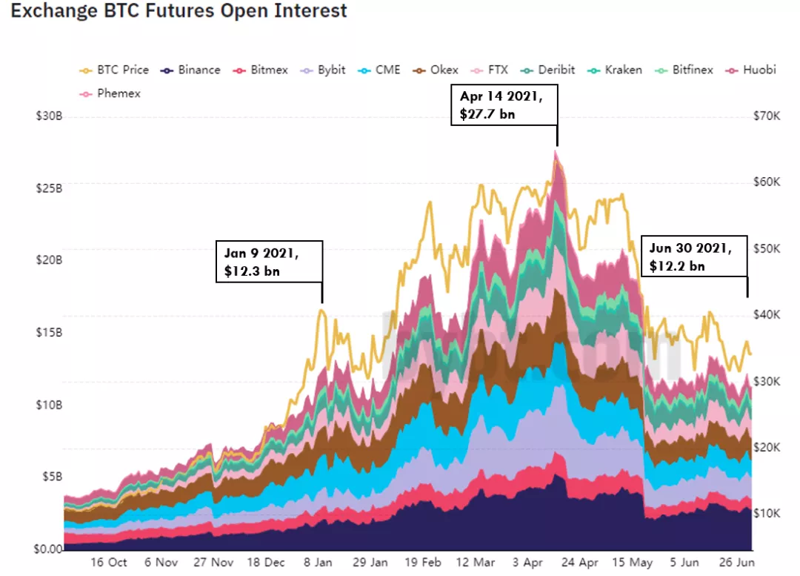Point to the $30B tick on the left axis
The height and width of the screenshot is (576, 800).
(48, 117)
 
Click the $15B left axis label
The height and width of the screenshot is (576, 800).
(48, 333)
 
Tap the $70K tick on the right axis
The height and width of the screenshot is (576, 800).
(767, 117)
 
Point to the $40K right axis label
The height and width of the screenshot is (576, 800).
(767, 315)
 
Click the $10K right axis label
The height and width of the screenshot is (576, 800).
(767, 513)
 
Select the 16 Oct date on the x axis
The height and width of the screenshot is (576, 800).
(108, 563)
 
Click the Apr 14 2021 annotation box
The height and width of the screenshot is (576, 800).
(504, 105)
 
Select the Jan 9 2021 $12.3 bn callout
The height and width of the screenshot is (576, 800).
(269, 261)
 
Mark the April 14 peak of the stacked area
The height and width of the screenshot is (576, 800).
(556, 151)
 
